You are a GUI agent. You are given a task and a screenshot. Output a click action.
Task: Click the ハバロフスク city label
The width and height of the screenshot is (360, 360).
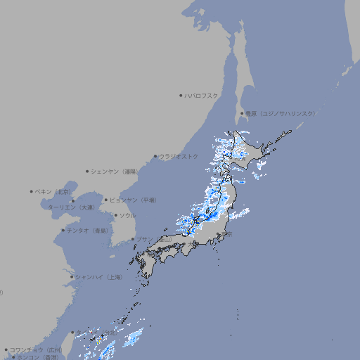point(201,95)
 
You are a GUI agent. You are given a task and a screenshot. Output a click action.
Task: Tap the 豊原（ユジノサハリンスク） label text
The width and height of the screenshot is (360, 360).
point(281,113)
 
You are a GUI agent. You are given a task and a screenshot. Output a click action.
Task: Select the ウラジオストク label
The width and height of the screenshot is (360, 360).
point(179,156)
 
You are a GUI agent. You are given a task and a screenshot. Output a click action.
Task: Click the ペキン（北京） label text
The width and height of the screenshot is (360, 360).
point(53,191)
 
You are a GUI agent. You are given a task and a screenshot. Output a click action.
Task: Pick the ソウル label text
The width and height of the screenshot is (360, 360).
point(127,215)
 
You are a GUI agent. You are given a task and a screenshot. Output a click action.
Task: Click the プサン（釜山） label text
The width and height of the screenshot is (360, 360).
point(154,239)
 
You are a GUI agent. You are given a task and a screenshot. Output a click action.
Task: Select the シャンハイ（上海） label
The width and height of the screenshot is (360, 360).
point(98,277)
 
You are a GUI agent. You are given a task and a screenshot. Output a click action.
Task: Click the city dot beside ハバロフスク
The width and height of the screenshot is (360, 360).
point(181,95)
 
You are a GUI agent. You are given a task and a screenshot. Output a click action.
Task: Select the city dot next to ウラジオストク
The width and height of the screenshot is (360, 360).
point(155,156)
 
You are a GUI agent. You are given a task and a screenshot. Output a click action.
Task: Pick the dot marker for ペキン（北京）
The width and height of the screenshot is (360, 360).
point(32,191)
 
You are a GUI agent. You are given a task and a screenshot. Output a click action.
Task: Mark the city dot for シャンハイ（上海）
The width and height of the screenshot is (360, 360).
point(72,277)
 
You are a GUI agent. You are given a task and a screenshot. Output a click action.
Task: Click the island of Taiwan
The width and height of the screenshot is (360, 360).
point(68,345)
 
